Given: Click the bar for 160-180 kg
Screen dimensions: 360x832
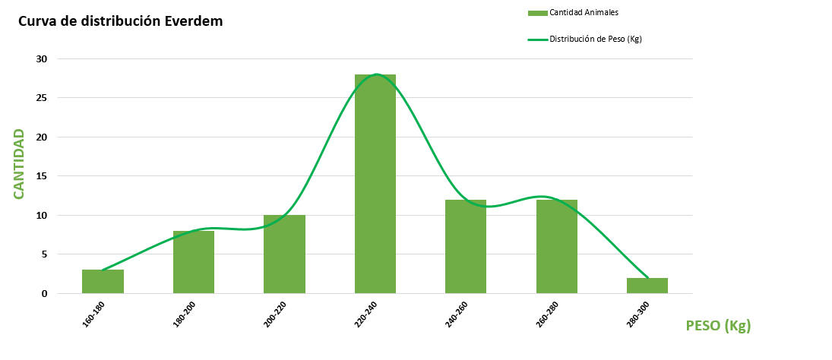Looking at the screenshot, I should pos(103,282).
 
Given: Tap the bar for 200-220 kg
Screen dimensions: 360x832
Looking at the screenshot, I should pos(284,254).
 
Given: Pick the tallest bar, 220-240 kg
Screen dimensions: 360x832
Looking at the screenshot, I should pos(375,184).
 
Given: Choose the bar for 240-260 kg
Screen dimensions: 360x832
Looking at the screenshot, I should pos(466,247).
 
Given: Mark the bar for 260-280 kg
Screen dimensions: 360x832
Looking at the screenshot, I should pos(557,247).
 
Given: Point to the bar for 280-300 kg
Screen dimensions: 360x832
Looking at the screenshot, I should pos(647,286).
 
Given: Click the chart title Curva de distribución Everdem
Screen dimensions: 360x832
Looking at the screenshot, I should pos(120,21).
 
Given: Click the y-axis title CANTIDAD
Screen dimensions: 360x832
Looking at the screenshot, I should pos(19,164).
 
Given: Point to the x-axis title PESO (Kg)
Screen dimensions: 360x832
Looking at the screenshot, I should pos(718,326).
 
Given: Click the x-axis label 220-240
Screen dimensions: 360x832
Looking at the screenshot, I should pos(367,314).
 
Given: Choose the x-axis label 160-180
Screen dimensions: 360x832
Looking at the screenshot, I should pos(94,314).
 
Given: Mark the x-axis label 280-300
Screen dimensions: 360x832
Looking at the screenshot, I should pos(639,314).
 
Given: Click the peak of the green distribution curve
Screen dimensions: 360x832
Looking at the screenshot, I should pos(376,74).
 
